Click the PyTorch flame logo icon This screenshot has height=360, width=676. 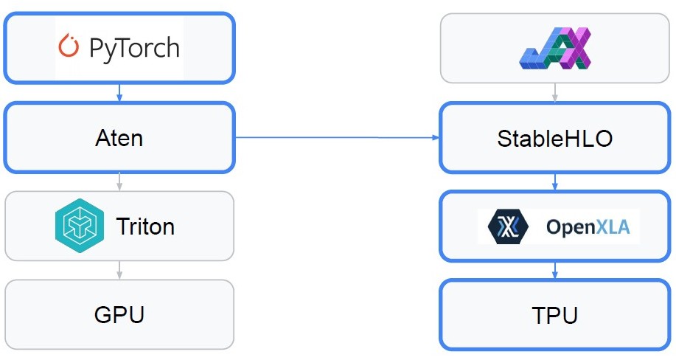click(69, 47)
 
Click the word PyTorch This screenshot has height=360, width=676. click(133, 48)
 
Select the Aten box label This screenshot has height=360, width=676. click(119, 138)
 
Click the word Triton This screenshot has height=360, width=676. click(145, 226)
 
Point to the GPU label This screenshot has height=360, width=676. click(119, 315)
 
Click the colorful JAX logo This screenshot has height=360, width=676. click(555, 48)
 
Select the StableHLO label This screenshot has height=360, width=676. click(554, 139)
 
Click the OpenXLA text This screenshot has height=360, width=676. click(588, 227)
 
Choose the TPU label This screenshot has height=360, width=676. click(554, 316)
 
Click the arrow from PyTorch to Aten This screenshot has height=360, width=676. click(119, 91)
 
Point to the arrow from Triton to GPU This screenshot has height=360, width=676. click(119, 270)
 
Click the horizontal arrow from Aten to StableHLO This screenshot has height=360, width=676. click(336, 137)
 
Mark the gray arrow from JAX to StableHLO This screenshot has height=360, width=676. click(554, 92)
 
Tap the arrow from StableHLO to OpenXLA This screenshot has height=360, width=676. click(554, 182)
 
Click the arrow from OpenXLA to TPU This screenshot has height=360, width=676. click(554, 271)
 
